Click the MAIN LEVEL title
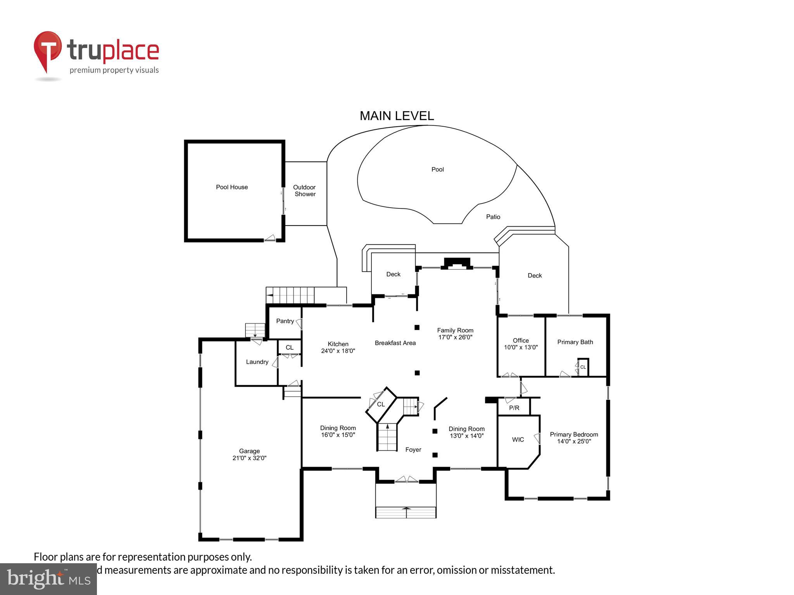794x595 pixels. click(397, 116)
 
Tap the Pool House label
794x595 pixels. click(232, 187)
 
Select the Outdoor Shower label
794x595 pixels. click(305, 191)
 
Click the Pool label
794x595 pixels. click(437, 169)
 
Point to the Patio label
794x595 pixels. click(493, 217)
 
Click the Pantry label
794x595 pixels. click(285, 321)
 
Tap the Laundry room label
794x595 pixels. click(257, 362)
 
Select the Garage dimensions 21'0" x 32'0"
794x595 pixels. click(249, 458)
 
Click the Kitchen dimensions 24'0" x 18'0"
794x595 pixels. click(338, 351)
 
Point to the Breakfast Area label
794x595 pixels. click(395, 343)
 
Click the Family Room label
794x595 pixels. click(455, 330)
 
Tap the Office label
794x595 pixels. click(521, 340)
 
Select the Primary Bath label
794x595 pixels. click(575, 342)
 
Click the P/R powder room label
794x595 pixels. click(514, 408)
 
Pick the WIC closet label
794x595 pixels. click(518, 440)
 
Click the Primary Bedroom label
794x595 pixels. click(574, 435)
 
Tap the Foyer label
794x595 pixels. click(413, 450)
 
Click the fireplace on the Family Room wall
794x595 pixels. click(457, 263)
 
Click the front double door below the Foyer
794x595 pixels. click(406, 480)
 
